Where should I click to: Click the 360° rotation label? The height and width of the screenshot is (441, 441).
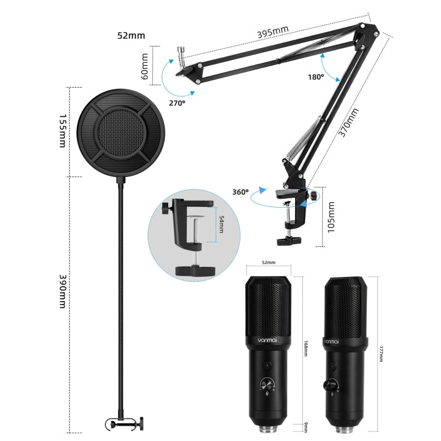coord(240,192)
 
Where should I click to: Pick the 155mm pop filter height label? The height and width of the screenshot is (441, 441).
coord(62,132)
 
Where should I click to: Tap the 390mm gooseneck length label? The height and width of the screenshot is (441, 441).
coord(62,291)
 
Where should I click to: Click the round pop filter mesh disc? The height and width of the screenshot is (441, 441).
coord(123,132)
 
